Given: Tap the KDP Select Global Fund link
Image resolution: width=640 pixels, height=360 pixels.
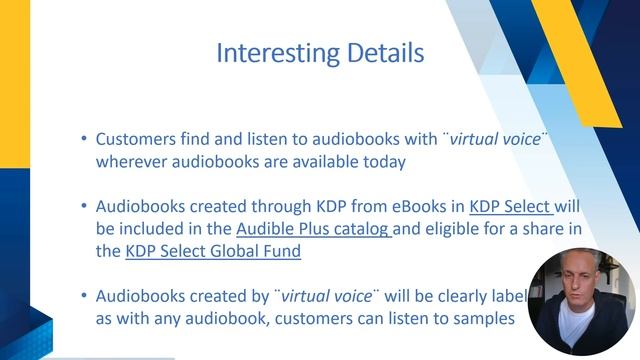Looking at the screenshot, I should (213, 251).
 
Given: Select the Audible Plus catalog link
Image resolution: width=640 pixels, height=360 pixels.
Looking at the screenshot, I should (314, 229).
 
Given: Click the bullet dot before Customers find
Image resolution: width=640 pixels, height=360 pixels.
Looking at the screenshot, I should (83, 140).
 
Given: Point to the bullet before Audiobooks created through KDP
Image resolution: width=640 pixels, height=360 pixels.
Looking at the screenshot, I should (83, 207).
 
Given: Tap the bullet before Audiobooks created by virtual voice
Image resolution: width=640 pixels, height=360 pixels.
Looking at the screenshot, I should (83, 296).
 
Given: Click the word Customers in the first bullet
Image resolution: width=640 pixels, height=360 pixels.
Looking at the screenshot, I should (136, 140).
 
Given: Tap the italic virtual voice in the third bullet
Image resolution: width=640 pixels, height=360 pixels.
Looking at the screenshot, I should (329, 296).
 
